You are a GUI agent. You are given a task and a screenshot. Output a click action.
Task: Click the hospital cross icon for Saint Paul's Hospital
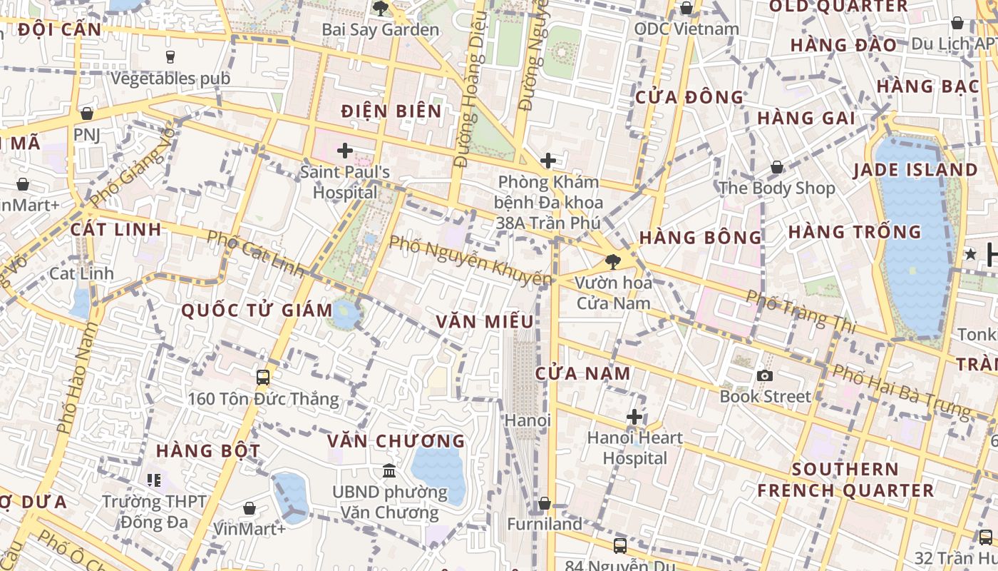(345, 151)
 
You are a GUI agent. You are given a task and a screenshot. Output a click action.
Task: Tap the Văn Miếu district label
(485, 321)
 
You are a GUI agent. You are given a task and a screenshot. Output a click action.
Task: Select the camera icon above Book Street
(765, 375)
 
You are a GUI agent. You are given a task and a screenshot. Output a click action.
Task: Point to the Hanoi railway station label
(528, 420)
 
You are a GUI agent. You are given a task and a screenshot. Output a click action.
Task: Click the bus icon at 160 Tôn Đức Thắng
(263, 377)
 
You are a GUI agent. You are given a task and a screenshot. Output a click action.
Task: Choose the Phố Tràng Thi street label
(801, 311)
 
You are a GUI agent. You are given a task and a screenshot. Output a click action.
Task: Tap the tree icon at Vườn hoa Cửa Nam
(612, 261)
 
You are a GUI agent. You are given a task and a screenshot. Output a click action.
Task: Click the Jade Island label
(915, 170)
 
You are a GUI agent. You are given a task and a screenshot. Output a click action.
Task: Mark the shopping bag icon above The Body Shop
(777, 167)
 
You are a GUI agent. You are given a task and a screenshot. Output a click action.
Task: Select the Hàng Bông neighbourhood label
(701, 237)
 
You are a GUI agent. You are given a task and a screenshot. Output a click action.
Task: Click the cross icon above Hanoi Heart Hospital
(634, 416)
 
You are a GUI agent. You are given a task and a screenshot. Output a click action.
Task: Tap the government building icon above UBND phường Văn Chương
(389, 471)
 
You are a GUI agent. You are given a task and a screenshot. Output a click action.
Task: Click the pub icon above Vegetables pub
(170, 56)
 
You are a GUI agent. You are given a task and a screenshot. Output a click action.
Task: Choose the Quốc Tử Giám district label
(257, 310)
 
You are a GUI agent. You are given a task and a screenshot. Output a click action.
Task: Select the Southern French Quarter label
(845, 480)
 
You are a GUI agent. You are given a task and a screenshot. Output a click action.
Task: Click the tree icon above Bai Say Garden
(381, 9)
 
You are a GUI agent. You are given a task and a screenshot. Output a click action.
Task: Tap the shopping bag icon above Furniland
(545, 504)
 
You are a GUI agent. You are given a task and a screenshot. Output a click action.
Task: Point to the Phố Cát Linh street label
(255, 253)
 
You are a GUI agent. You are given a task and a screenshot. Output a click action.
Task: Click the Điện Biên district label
(391, 111)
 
